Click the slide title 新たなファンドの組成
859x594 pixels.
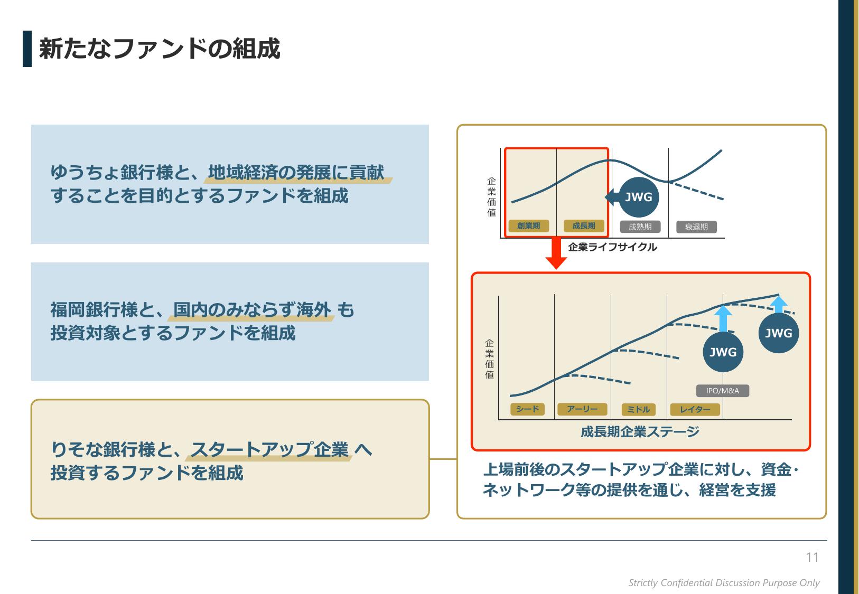pos(160,49)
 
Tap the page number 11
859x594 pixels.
pos(812,557)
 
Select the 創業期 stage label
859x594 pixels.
pos(528,226)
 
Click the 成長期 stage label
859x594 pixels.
pos(584,226)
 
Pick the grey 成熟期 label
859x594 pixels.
pos(640,227)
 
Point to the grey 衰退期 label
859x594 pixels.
pos(696,227)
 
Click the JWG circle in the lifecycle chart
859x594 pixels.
pos(639,197)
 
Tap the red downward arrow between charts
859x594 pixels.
pos(556,253)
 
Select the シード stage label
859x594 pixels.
pos(527,409)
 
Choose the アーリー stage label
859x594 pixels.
pos(582,409)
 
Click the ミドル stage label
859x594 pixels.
pos(639,410)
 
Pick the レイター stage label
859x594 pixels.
pos(695,410)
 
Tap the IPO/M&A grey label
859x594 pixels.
pos(723,391)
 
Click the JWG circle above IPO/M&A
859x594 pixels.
pos(723,352)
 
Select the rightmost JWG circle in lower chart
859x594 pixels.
pos(779,333)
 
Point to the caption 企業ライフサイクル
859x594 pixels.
pos(612,247)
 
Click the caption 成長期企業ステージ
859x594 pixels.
pos(640,432)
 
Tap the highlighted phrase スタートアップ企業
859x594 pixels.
pos(269,449)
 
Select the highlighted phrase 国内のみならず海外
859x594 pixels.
pos(252,309)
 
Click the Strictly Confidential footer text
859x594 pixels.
pos(724,583)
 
